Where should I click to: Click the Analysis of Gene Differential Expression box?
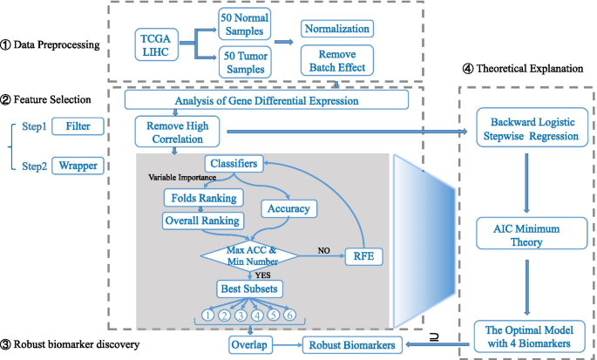click(x=266, y=100)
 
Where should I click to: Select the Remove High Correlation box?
click(x=179, y=132)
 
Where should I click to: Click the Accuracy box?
click(x=287, y=208)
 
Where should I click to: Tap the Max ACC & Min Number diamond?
click(x=250, y=256)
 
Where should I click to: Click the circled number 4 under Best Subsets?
click(x=258, y=315)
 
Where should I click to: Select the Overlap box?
click(x=249, y=344)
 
